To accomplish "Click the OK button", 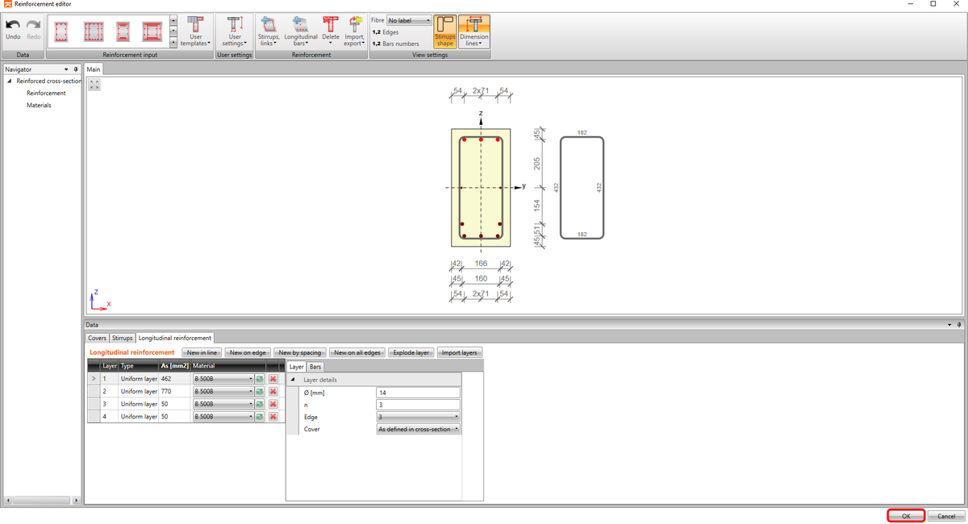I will coord(906,516).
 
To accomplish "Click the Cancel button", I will coord(946,516).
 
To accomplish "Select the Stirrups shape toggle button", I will coord(445,31).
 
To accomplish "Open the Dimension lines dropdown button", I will coord(474,31).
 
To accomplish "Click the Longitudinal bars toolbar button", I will coord(300,31).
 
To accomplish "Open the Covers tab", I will coord(97,338).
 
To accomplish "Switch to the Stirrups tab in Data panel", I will coord(122,338).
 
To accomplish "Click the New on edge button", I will coord(248,352).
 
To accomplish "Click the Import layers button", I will coord(460,352).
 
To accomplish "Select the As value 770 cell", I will coord(174,391).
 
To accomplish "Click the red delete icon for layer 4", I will coord(273,417).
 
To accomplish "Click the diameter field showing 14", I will coord(418,393).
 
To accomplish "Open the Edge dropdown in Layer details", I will coord(418,417).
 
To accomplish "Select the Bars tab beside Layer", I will coord(315,367).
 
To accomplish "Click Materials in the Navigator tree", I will coord(39,105).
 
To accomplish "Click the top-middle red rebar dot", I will coord(481,139).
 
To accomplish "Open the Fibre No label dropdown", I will coord(409,20).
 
